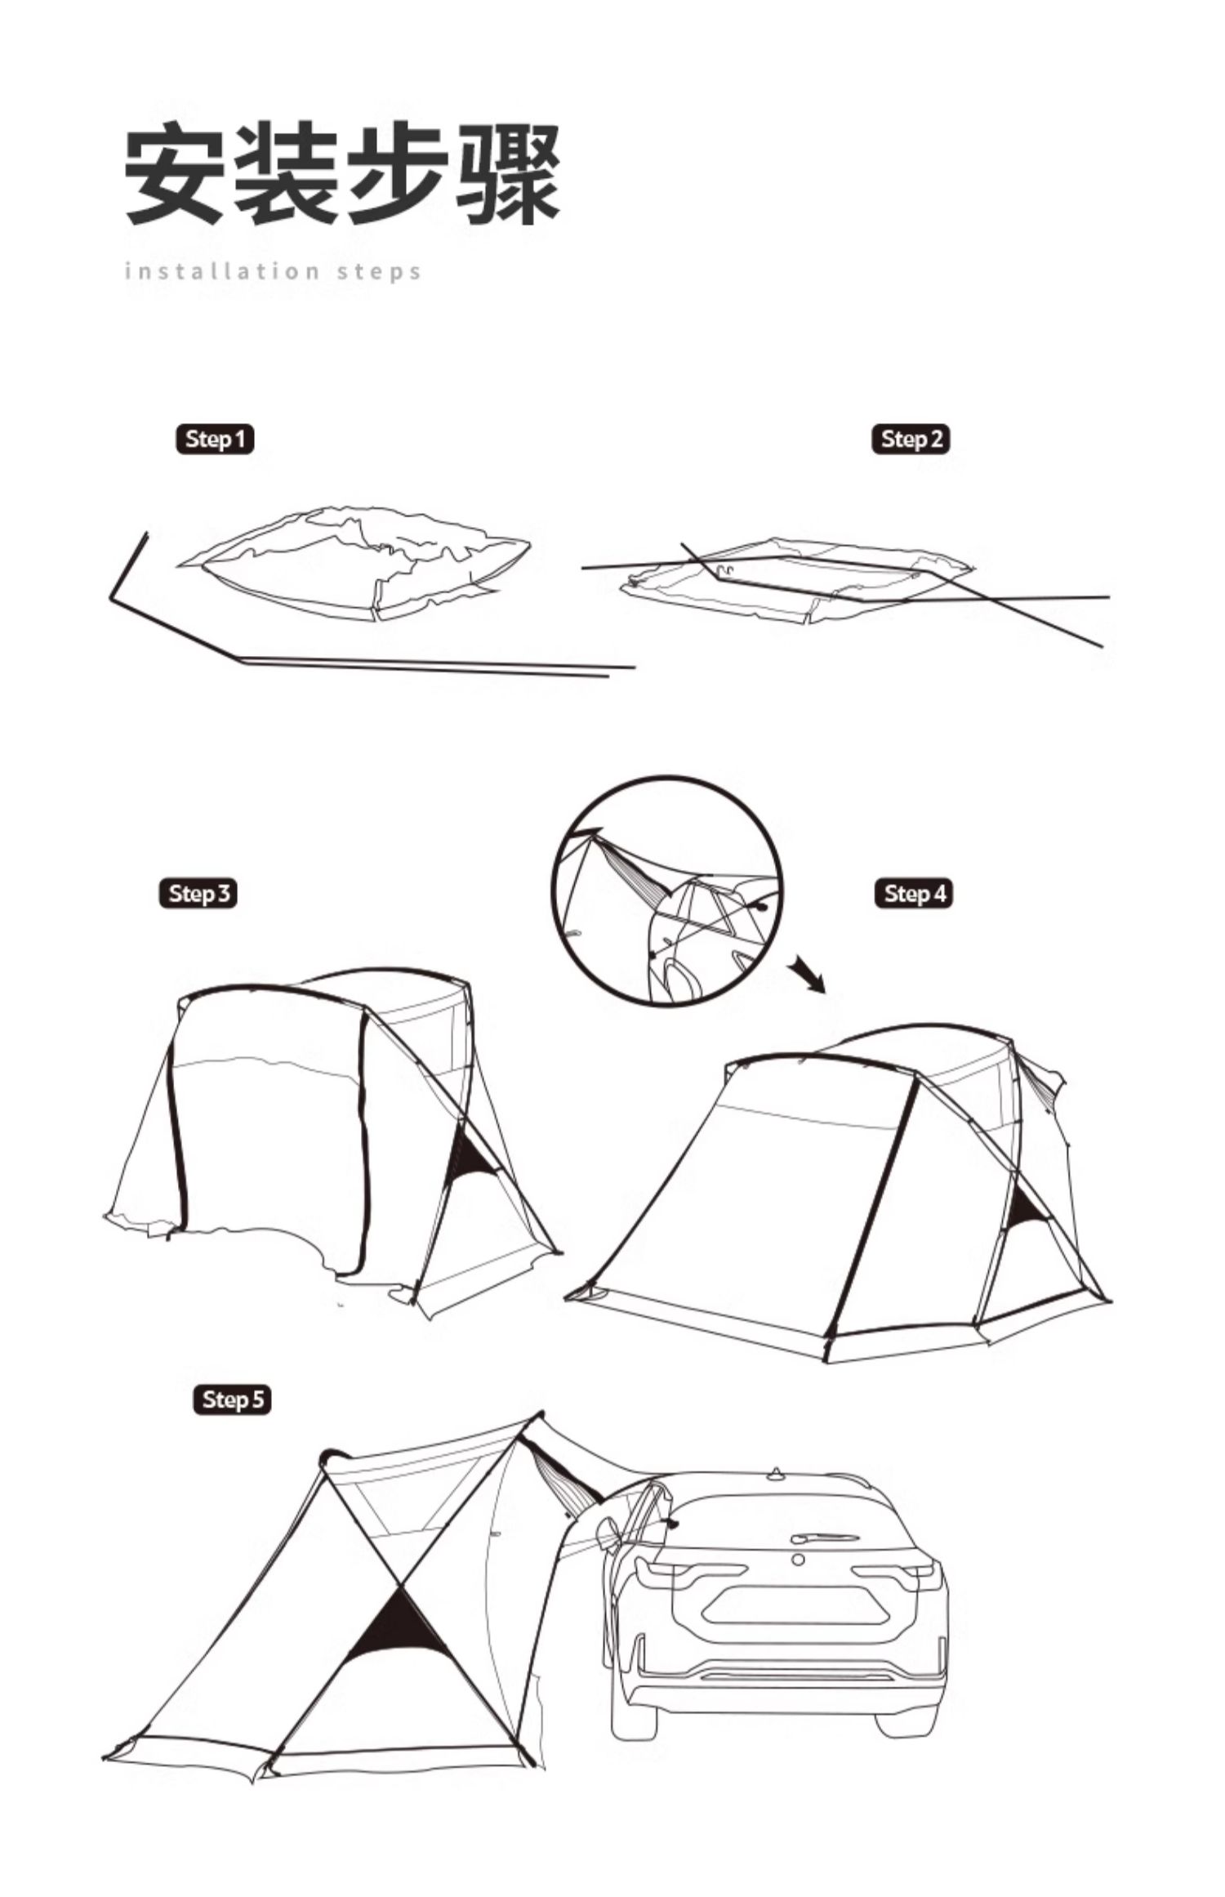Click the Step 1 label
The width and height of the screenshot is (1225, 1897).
pos(215,440)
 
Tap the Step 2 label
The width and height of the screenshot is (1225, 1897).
pos(911,440)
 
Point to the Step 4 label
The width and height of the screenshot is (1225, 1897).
pos(914,893)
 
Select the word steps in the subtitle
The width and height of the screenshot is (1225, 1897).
pos(380,271)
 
